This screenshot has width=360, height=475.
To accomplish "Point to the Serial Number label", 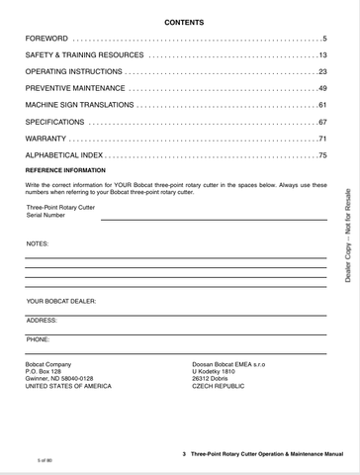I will (x=46, y=214).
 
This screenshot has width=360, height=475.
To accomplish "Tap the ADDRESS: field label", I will (x=42, y=321).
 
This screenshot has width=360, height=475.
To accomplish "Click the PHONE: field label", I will (x=39, y=339).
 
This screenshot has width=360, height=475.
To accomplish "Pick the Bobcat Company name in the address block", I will (x=48, y=364).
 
